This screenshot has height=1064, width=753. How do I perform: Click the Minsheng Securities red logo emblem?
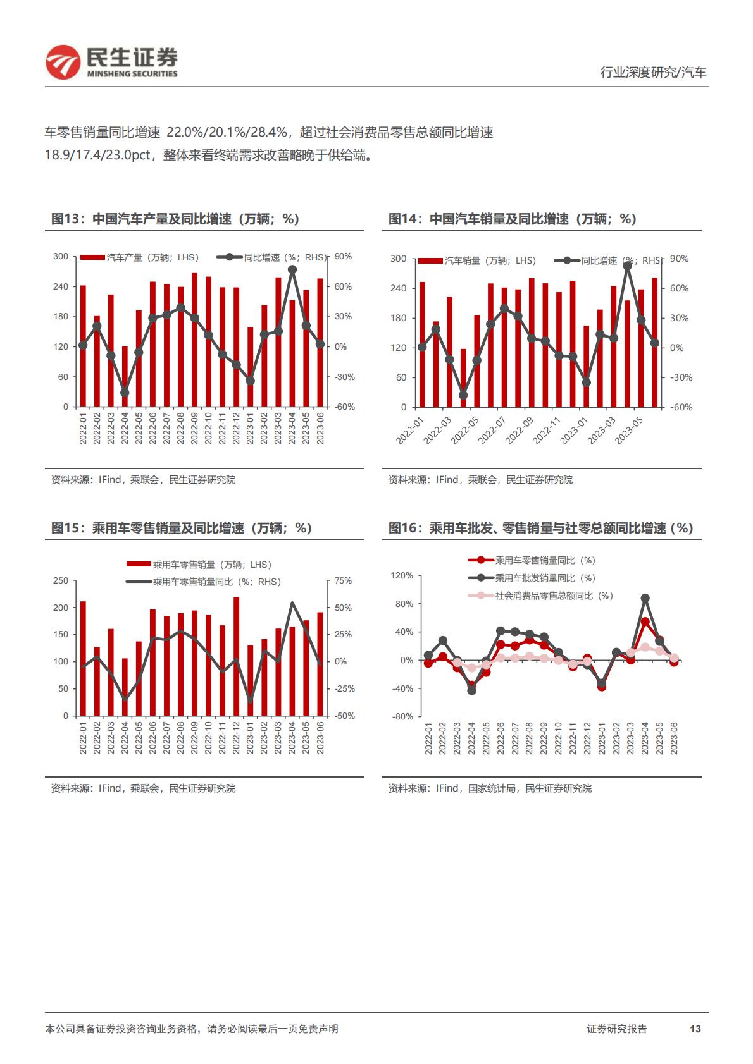click(x=63, y=62)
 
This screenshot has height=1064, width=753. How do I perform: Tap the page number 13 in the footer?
click(x=695, y=1029)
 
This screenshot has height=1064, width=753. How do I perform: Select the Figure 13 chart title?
click(x=175, y=219)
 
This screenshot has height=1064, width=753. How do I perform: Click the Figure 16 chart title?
click(x=540, y=528)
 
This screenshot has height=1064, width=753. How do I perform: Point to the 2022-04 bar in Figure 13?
click(x=125, y=376)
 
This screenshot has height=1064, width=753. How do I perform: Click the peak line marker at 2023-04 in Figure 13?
click(x=292, y=270)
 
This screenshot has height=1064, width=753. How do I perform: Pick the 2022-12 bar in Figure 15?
click(x=236, y=656)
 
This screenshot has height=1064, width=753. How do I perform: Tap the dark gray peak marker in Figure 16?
click(x=645, y=598)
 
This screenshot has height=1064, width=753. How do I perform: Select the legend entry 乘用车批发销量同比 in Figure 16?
click(x=532, y=578)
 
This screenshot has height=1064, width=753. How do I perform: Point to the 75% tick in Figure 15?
click(x=343, y=580)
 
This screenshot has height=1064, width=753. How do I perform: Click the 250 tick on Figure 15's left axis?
click(x=60, y=580)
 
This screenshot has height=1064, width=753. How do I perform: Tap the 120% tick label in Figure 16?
click(x=402, y=575)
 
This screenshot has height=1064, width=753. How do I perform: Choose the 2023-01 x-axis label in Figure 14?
click(x=575, y=431)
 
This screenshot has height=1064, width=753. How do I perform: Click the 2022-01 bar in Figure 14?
click(x=422, y=345)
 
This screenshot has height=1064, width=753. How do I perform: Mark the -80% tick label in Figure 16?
click(x=402, y=716)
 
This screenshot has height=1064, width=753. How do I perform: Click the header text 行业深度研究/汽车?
click(x=653, y=72)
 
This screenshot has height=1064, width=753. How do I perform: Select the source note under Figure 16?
click(x=490, y=788)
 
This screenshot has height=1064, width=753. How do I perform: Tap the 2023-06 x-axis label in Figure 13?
click(x=320, y=428)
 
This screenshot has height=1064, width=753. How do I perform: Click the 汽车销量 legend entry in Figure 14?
click(x=477, y=260)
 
